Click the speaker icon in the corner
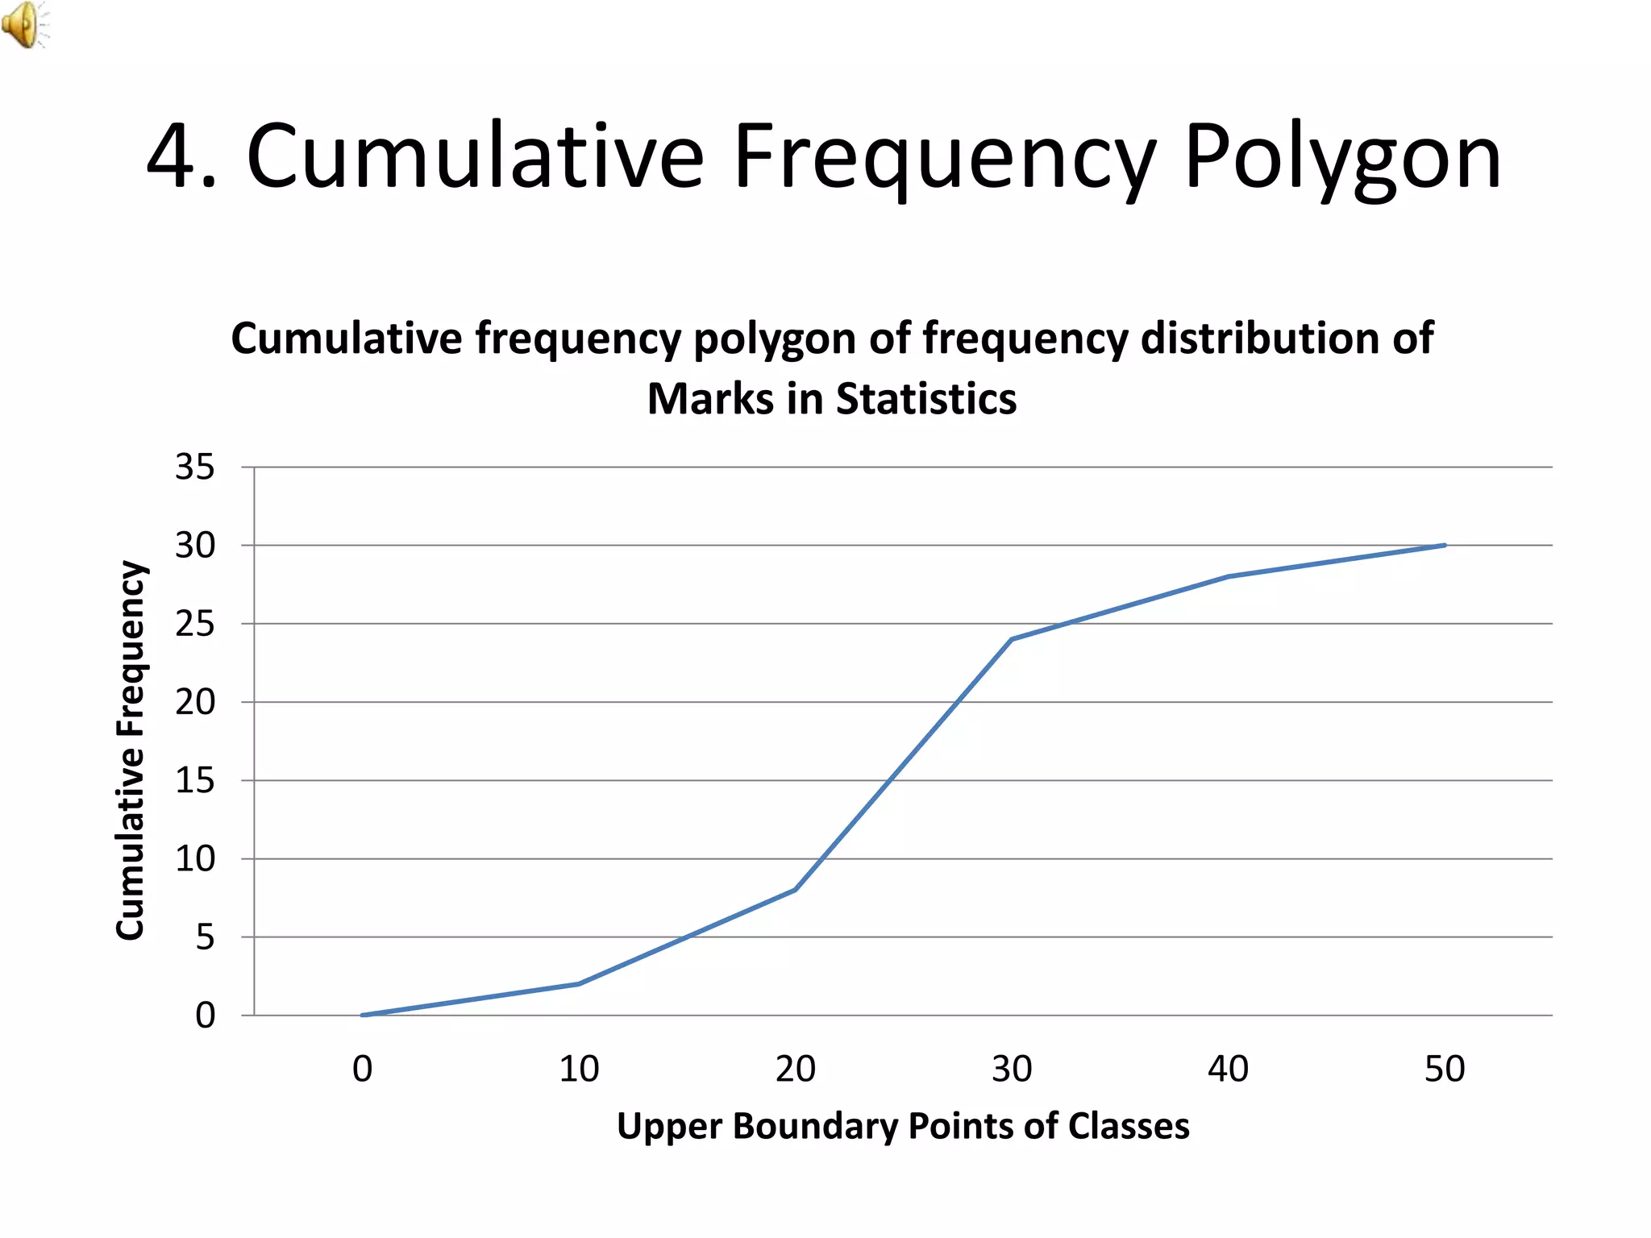[24, 24]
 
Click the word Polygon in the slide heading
[1342, 157]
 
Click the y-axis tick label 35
[195, 467]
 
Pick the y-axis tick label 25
[195, 624]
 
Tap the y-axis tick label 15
[195, 780]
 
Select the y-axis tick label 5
[205, 937]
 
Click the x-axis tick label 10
[579, 1070]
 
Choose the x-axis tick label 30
[1012, 1070]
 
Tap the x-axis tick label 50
[1445, 1070]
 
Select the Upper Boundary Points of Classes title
[903, 1126]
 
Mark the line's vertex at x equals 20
[796, 890]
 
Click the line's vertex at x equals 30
[1012, 639]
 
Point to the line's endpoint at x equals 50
[1445, 546]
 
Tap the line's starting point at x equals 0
[363, 1015]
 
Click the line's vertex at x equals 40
[1228, 576]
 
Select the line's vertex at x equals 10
[579, 984]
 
